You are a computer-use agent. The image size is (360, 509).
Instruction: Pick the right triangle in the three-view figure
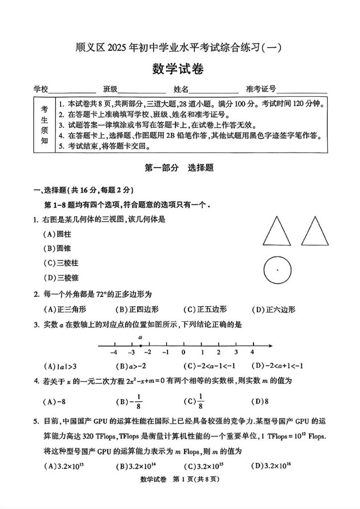pos(315,232)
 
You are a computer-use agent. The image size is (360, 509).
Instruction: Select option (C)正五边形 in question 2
pos(205,309)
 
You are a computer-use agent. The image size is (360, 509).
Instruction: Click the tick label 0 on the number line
pos(183,352)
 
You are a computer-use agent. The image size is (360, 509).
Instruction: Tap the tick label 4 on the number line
pos(252,352)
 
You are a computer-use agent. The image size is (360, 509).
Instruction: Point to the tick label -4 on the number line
pos(113,352)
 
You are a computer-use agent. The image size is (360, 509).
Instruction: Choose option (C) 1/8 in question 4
pos(193,401)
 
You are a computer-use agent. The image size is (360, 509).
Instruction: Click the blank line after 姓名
pos(207,90)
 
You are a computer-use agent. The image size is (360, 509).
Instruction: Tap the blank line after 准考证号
pos(302,90)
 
